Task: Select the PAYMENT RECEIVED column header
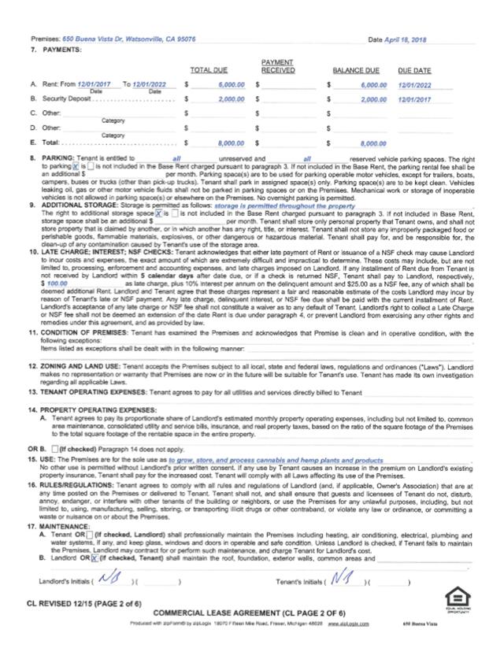[x=278, y=66]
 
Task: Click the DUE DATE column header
[x=414, y=70]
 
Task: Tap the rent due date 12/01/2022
[x=413, y=84]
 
